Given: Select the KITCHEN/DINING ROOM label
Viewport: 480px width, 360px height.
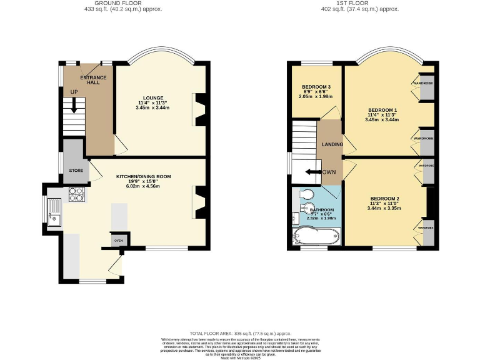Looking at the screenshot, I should [x=143, y=177].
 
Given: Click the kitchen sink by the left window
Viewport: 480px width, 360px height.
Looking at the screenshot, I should [x=54, y=211].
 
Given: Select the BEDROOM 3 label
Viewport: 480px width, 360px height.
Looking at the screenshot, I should [x=316, y=87].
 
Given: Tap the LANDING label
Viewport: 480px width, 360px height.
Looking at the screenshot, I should [x=332, y=144].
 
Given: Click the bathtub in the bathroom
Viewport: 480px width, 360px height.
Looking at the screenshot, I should [x=317, y=237].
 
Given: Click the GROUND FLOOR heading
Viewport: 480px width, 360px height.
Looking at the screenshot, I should [x=105, y=3].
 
